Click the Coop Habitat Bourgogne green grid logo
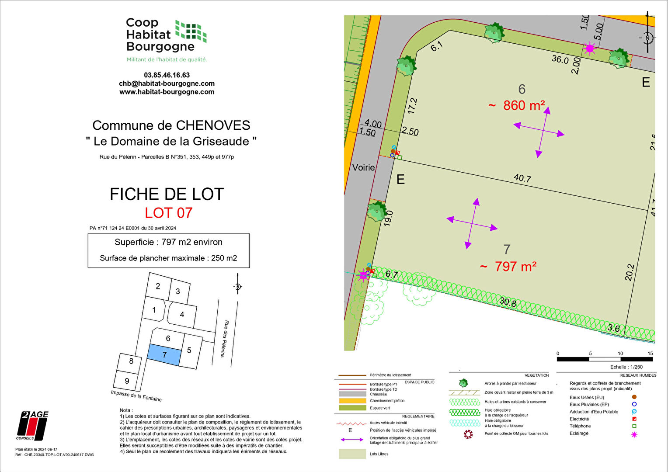(x=191, y=31)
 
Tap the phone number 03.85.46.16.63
(x=167, y=75)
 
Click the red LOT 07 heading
(x=168, y=213)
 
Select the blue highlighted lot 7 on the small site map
(x=164, y=354)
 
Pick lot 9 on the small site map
(x=127, y=381)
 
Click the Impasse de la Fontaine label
(x=136, y=396)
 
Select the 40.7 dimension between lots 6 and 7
(x=522, y=178)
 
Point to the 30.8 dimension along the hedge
(x=508, y=302)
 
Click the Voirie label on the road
(x=363, y=167)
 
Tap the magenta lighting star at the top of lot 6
(x=590, y=48)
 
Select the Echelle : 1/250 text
(x=626, y=367)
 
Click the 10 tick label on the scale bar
(x=620, y=354)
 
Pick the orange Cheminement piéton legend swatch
(x=352, y=401)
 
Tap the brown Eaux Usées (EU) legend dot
(x=634, y=397)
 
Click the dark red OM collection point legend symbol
(x=468, y=434)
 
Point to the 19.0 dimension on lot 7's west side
(x=388, y=217)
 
